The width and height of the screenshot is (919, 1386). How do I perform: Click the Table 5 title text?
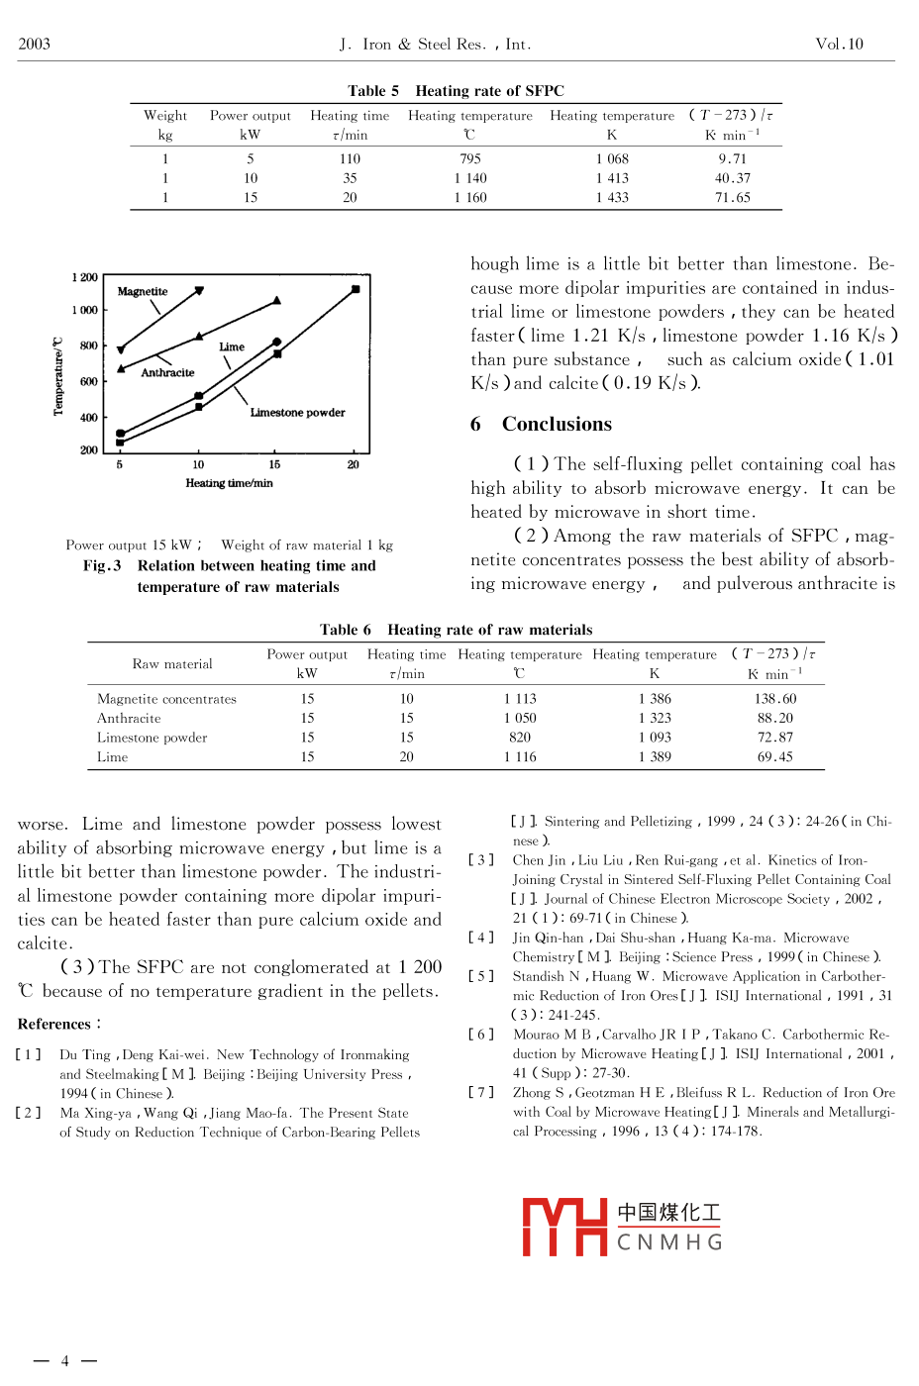pos(456,91)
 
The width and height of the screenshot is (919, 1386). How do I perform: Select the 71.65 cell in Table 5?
pos(733,198)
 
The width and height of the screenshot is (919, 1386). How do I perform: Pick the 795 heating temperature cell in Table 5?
pos(470,159)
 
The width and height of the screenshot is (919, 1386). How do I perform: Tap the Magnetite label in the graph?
pos(143,292)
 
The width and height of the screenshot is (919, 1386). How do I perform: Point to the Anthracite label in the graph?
pos(167,373)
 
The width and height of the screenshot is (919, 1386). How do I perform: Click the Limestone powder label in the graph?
pos(297,413)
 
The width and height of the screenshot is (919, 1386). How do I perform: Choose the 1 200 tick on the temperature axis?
pos(85,278)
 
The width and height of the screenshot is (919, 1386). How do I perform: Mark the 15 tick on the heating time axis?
pos(274,464)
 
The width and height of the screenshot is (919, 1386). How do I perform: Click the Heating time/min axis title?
pos(229,483)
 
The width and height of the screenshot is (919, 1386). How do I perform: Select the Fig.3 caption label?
pos(102,566)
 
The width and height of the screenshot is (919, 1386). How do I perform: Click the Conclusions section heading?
pos(557,425)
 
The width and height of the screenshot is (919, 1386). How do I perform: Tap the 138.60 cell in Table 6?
pos(774,699)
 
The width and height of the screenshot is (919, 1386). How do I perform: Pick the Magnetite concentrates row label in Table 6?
pos(166,699)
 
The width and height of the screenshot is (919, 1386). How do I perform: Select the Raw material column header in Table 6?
pos(172,664)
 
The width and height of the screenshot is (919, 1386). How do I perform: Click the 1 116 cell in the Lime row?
pos(520,757)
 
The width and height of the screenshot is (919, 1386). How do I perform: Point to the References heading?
pos(57,1024)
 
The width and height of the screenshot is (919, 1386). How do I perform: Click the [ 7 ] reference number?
pos(481,1093)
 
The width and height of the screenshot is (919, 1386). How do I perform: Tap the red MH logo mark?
pos(564,1228)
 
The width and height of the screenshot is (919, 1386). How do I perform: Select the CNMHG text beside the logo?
pos(669,1242)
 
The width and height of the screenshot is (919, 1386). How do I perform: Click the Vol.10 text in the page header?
pos(839,45)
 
